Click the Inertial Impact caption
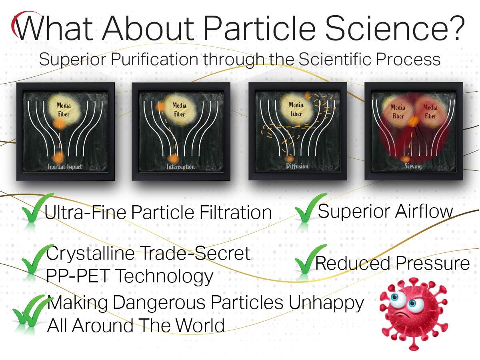click(x=65, y=166)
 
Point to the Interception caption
click(x=181, y=166)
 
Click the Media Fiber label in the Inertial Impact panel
click(x=63, y=109)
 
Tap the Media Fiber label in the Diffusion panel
click(x=296, y=109)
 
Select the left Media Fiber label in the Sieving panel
click(x=398, y=112)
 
